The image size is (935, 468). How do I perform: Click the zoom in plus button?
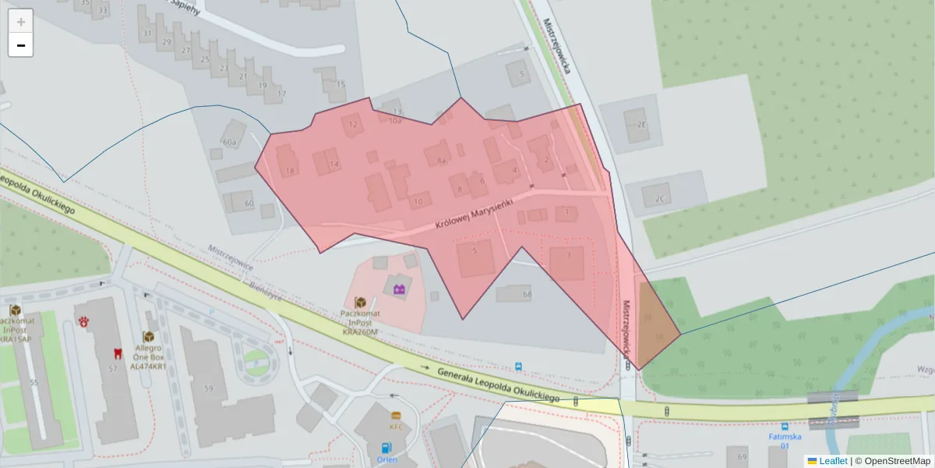21,22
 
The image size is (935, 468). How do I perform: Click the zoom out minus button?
21,45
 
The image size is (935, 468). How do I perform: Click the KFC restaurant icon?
396,416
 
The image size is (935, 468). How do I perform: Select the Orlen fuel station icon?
386,448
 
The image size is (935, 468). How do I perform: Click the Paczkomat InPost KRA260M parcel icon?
361,302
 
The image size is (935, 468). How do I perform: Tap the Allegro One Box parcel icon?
148,336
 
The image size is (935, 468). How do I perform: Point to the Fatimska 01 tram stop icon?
785,427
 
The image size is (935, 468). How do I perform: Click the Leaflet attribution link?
833,461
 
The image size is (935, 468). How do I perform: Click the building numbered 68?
515,294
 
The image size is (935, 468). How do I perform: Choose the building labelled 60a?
231,137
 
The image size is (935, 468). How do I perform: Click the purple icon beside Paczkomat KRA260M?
400,289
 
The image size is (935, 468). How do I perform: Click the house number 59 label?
209,388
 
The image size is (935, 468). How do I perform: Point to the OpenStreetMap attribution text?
892,461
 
